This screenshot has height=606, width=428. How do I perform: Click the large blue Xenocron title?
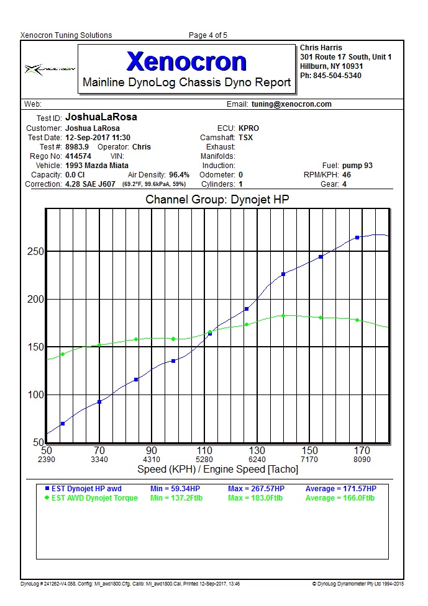186,61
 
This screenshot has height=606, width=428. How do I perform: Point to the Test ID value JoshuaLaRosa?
101,117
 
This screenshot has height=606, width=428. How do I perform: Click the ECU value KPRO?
248,128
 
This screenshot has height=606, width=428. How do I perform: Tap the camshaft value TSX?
245,138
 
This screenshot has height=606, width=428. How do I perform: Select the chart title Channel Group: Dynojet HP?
217,200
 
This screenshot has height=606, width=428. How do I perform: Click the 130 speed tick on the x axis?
257,450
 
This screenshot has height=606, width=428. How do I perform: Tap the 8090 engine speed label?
362,460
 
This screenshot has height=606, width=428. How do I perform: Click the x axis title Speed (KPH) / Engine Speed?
217,470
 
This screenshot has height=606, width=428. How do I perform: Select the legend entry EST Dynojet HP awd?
86,489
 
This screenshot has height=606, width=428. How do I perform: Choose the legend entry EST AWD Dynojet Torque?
94,497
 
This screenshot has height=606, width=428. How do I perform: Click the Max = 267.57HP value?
256,489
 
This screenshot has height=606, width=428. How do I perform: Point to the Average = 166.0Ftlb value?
340,497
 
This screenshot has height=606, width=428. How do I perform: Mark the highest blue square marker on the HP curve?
357,238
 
